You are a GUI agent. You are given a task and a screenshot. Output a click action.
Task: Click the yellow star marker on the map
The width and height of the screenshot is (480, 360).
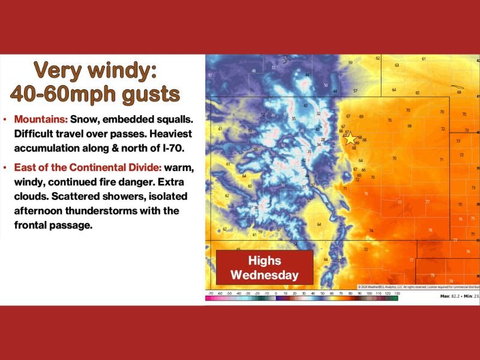pyautogui.click(x=350, y=139)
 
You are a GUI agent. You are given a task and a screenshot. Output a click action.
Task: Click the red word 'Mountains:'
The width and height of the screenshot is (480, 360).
pyautogui.click(x=41, y=119)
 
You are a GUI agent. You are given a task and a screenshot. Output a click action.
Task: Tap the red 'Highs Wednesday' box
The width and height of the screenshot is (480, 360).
pyautogui.click(x=265, y=268)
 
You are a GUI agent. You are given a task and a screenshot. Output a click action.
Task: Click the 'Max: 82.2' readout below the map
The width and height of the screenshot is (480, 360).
pyautogui.click(x=452, y=296)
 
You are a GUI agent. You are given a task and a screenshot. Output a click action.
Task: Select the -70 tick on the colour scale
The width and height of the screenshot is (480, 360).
pyautogui.click(x=210, y=292)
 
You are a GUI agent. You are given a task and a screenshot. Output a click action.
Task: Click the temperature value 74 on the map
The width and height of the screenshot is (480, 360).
pyautogui.click(x=371, y=231)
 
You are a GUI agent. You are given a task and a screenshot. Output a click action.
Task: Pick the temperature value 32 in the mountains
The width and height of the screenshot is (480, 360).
pyautogui.click(x=319, y=113)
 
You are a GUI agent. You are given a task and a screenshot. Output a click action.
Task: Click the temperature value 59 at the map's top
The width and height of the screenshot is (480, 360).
pyautogui.click(x=351, y=62)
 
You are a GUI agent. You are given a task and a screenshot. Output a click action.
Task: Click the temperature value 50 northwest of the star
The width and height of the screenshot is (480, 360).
pyautogui.click(x=326, y=85)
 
